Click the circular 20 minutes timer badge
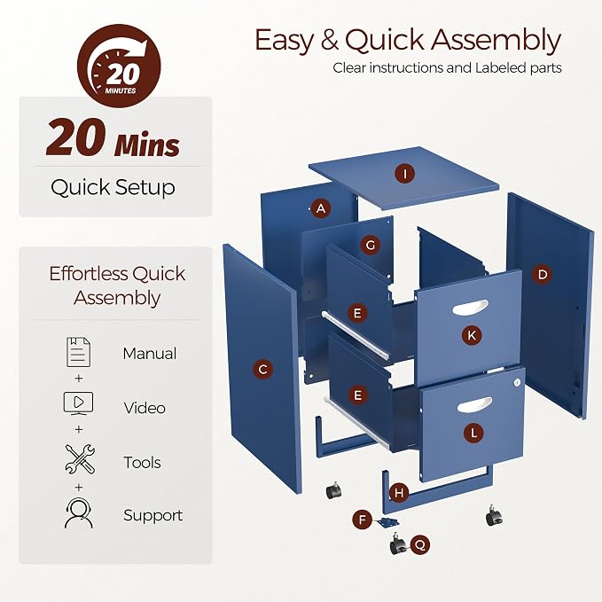click(119, 66)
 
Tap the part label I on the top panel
click(405, 174)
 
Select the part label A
click(321, 208)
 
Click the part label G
click(371, 245)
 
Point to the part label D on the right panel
click(542, 274)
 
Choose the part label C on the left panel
click(263, 370)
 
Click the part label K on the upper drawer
click(472, 335)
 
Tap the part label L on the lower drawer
click(473, 434)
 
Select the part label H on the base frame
click(399, 493)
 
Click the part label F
click(363, 520)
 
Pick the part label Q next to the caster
click(420, 544)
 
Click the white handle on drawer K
click(470, 307)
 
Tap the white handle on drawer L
click(474, 405)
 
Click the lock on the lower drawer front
click(517, 382)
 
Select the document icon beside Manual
click(79, 352)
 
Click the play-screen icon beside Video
click(78, 403)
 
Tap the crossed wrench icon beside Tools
click(80, 458)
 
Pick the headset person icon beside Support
click(78, 513)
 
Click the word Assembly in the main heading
click(496, 41)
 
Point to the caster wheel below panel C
click(333, 490)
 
